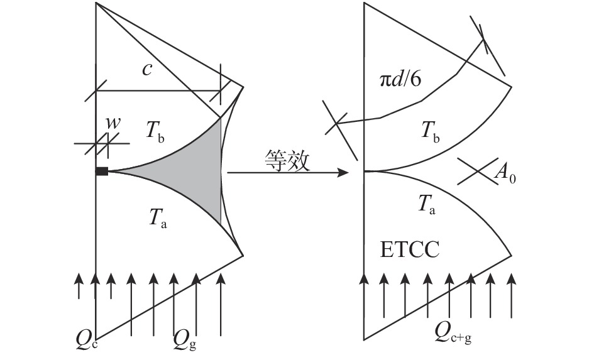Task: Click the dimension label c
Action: (x=147, y=70)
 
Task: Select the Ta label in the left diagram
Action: (x=158, y=218)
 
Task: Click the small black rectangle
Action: (x=102, y=172)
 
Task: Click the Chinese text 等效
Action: (x=287, y=160)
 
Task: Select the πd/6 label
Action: (x=400, y=80)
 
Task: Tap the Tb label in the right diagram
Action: (x=431, y=132)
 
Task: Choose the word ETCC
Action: (x=409, y=250)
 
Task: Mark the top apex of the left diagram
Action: (x=96, y=3)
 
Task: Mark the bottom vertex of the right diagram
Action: (x=364, y=339)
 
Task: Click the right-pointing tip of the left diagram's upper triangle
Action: (x=243, y=87)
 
